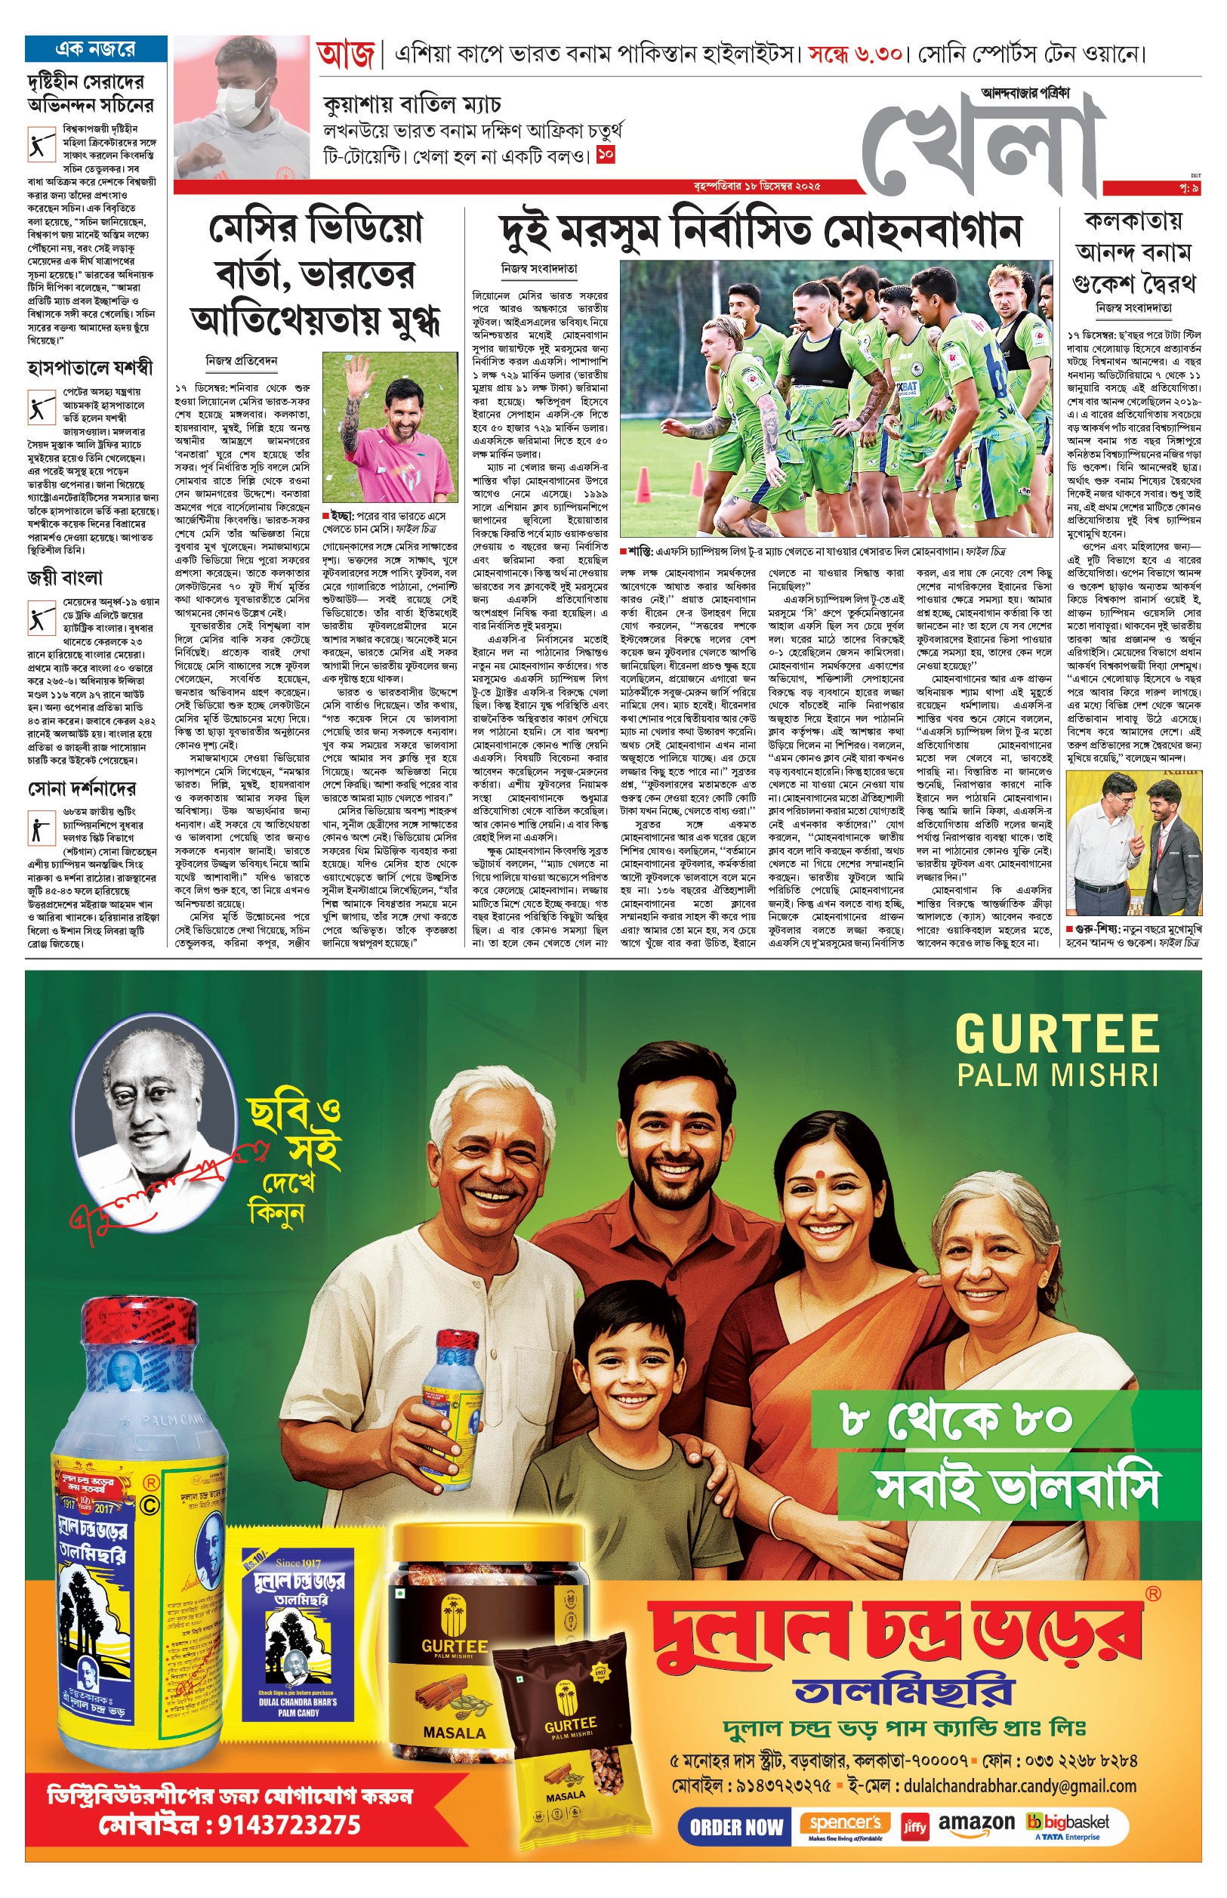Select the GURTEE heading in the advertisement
pyautogui.click(x=1056, y=1034)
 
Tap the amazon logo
pyautogui.click(x=976, y=1823)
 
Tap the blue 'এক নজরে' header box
pyautogui.click(x=96, y=49)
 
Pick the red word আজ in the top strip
pyautogui.click(x=345, y=55)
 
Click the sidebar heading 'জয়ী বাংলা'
pyautogui.click(x=66, y=578)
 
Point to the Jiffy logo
pyautogui.click(x=914, y=1827)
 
